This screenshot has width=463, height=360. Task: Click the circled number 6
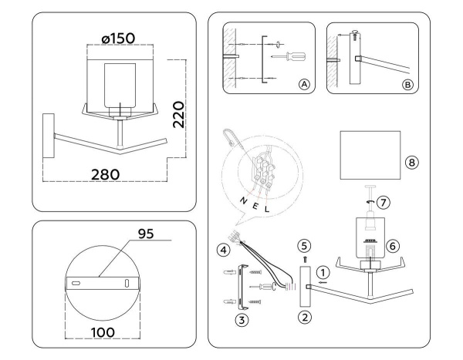coord(392,246)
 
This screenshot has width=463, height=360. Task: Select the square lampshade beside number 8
coord(371,153)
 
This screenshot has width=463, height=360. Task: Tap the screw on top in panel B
coord(353,35)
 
